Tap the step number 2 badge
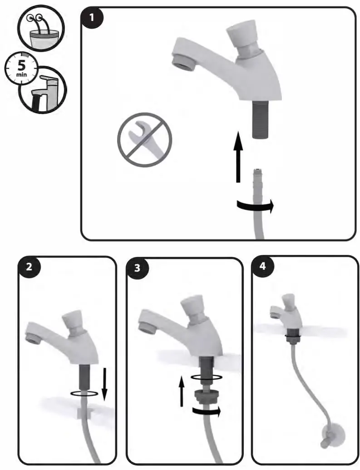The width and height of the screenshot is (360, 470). tap(30, 267)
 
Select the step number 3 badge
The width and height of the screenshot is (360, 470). tap(138, 268)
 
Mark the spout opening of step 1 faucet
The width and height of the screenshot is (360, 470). tap(180, 63)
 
